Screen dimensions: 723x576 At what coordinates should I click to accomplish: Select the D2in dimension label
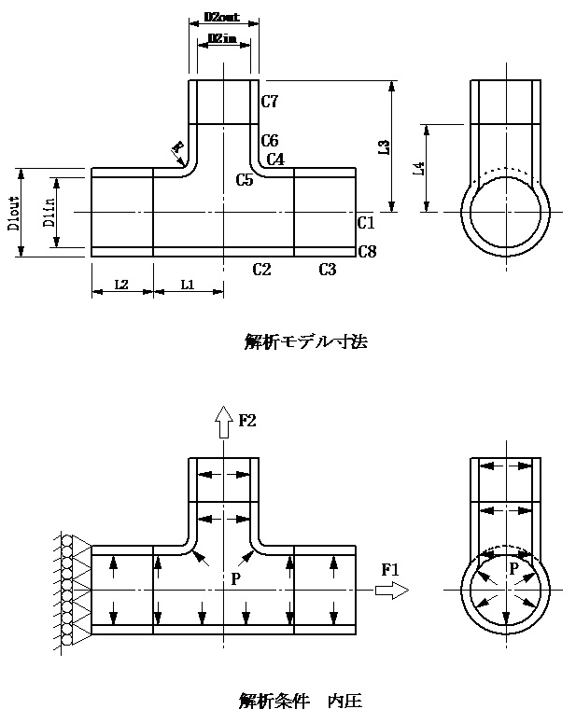click(x=222, y=37)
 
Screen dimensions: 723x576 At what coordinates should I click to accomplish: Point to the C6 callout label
click(x=271, y=140)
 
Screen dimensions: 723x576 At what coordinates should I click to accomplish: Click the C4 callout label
click(x=275, y=160)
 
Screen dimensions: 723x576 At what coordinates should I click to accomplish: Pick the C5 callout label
click(x=245, y=179)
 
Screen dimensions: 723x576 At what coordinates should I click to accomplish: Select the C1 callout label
click(x=366, y=223)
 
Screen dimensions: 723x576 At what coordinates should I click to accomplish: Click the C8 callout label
click(x=366, y=251)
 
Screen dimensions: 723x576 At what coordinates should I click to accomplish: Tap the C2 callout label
click(x=261, y=270)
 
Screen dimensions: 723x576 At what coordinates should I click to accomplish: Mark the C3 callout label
click(x=327, y=270)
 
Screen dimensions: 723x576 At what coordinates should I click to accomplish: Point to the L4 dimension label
click(x=420, y=168)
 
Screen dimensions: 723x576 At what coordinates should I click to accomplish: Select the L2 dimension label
click(x=122, y=283)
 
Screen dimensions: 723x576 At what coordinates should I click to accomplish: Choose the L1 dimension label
click(x=187, y=283)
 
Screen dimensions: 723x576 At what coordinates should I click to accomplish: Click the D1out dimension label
click(x=14, y=213)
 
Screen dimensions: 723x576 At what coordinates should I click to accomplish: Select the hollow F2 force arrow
click(x=223, y=422)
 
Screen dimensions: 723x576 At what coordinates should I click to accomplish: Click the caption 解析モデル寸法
click(x=305, y=341)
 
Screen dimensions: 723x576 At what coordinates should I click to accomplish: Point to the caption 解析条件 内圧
click(x=301, y=700)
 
